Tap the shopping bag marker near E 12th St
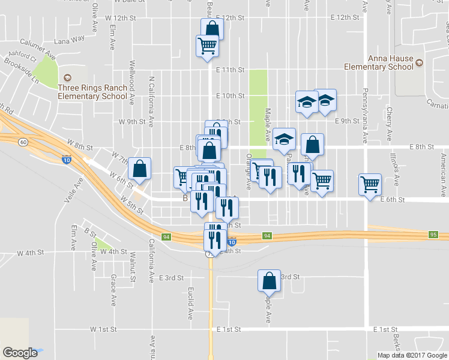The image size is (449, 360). (x=212, y=28)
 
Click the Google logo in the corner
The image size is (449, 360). (x=20, y=353)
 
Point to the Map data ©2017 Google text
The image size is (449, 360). (x=411, y=355)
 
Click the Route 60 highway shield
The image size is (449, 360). (x=23, y=142)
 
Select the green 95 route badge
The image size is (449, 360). (x=433, y=234)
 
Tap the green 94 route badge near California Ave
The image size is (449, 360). (x=166, y=237)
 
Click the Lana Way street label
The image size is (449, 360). (x=69, y=41)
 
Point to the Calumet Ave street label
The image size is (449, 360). (x=38, y=49)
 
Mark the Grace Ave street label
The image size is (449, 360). (x=113, y=291)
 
